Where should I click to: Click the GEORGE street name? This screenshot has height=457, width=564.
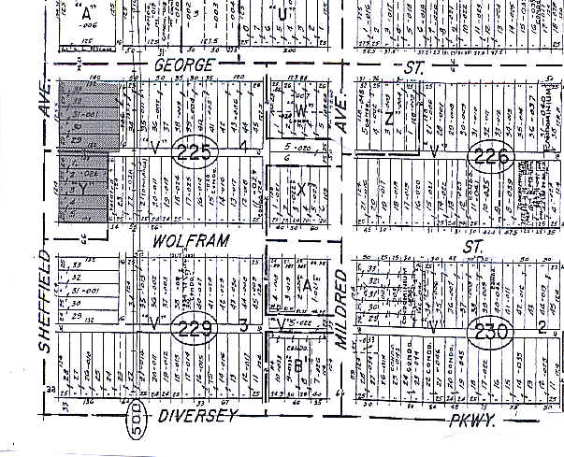point(184,64)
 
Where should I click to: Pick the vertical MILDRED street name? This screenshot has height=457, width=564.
point(340,309)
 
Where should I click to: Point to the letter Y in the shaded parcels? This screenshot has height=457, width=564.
point(89,187)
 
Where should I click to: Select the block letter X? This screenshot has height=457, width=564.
point(305,188)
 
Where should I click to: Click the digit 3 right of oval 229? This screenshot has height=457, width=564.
point(241,326)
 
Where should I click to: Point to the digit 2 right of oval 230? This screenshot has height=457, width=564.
point(542,326)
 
